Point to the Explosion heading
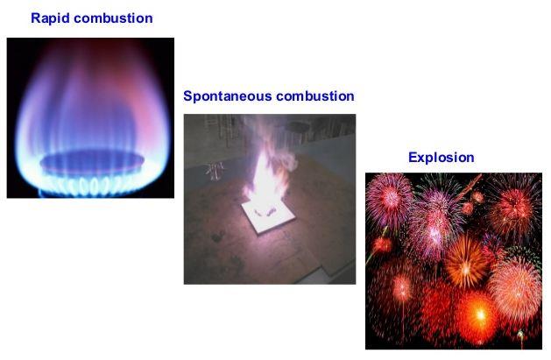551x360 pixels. (441, 158)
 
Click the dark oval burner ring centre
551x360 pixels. (92, 162)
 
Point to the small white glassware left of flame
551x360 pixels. (215, 171)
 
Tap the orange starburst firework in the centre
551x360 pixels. (466, 261)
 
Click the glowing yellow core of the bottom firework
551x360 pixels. (480, 314)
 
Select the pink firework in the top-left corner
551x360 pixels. (389, 200)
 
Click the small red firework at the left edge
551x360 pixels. (382, 244)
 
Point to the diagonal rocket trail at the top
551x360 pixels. (470, 187)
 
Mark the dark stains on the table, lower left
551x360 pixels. (225, 250)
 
